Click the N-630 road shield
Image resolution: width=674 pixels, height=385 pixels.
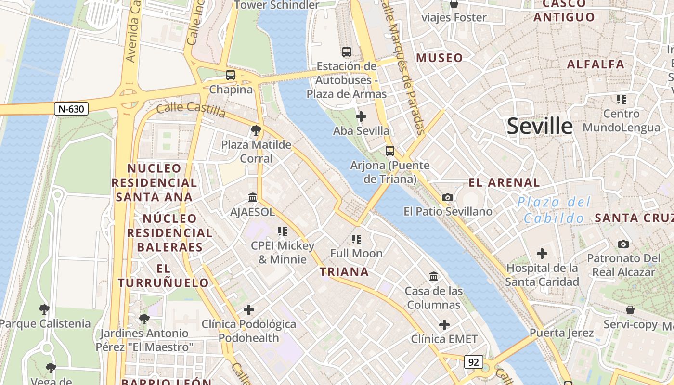coord(71,109)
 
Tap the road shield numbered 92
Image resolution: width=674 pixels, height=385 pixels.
coord(474,362)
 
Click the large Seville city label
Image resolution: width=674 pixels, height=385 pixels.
coord(540,126)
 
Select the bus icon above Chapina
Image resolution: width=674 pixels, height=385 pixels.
coord(231,75)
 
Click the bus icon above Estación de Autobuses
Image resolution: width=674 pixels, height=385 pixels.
coord(346,52)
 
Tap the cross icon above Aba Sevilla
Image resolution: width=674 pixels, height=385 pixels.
coord(361,116)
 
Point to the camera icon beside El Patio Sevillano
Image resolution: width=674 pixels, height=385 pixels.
coord(448,197)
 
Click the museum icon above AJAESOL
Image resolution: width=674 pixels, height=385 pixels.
coord(252,198)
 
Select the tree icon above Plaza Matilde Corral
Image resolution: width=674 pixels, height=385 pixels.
coord(256,130)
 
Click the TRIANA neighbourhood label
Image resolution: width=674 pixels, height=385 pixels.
coord(344,272)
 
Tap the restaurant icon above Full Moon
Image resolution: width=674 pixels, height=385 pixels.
coord(356,239)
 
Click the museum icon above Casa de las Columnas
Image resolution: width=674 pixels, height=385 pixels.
coord(434,277)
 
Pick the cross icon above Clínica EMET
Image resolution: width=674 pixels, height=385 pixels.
coord(444,325)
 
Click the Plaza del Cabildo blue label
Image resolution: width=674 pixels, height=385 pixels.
coord(554,210)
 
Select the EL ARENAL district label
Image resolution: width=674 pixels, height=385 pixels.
coord(504,183)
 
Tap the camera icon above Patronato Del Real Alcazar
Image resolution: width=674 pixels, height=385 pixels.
coord(623,244)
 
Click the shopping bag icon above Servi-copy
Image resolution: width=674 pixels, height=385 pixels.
coord(630,310)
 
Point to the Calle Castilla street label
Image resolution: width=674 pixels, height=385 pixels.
coord(191,110)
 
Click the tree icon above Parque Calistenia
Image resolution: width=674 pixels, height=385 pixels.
coord(44,309)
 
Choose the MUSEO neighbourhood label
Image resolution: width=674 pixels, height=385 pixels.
coord(440,58)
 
